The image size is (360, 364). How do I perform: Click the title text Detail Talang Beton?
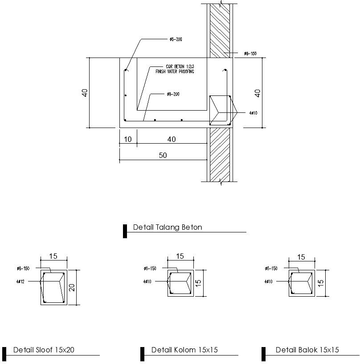point(168,227)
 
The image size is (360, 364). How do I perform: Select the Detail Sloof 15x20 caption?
point(44,350)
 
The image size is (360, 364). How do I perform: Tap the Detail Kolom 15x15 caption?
point(184,350)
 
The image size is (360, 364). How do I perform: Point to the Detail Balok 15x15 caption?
point(307,350)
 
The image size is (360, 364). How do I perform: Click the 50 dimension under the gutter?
point(163,156)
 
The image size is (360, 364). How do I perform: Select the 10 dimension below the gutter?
point(128,140)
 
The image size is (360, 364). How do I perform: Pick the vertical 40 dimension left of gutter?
point(85,93)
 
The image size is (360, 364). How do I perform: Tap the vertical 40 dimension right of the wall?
point(258,93)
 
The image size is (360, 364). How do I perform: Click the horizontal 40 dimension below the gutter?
point(172,140)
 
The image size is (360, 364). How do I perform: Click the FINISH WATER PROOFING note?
point(175,71)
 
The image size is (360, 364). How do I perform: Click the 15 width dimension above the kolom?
point(180,256)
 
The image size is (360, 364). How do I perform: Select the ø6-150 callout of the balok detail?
point(271,269)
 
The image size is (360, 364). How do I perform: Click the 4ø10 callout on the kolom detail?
point(147,282)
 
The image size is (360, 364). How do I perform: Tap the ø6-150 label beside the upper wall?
point(250,54)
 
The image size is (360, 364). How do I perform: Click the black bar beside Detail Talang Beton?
point(125,231)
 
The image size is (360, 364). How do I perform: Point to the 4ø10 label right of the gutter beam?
point(253,113)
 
